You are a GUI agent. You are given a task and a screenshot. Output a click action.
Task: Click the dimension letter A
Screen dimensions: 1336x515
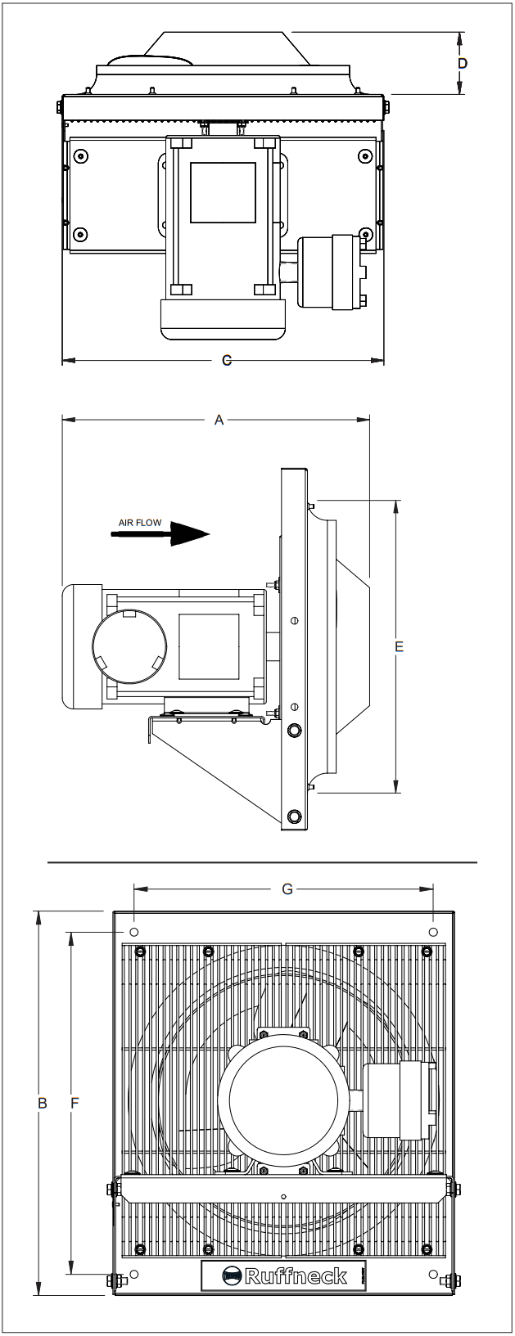click(219, 420)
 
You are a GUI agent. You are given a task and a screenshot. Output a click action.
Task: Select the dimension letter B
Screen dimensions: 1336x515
click(43, 1103)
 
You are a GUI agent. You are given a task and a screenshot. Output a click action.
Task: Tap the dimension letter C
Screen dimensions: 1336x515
click(227, 361)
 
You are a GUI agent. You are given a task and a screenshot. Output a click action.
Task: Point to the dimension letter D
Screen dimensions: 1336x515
click(463, 63)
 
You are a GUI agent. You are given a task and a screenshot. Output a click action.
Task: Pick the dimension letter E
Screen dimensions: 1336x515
click(400, 646)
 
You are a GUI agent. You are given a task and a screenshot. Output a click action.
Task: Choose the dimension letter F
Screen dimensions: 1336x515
click(75, 1103)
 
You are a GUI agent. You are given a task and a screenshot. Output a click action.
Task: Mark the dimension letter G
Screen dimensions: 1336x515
click(287, 888)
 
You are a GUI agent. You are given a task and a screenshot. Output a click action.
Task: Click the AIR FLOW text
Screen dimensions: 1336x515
click(140, 523)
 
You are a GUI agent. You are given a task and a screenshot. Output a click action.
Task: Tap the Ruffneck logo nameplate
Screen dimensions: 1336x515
click(283, 1275)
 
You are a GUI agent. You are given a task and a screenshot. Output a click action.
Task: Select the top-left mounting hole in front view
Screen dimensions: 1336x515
click(134, 932)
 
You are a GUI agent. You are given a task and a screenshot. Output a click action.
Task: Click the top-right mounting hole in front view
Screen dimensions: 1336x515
click(433, 932)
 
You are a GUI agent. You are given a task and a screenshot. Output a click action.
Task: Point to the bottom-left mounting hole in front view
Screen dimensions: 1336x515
click(134, 1274)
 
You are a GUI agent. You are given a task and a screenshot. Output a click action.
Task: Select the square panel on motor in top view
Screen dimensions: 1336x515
click(223, 192)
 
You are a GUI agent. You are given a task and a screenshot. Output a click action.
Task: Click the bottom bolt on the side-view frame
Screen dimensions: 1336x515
click(293, 816)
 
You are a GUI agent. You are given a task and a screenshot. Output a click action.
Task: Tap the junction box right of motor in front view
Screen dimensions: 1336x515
click(398, 1100)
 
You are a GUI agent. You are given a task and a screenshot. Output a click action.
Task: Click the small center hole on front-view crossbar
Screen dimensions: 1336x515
click(283, 1197)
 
